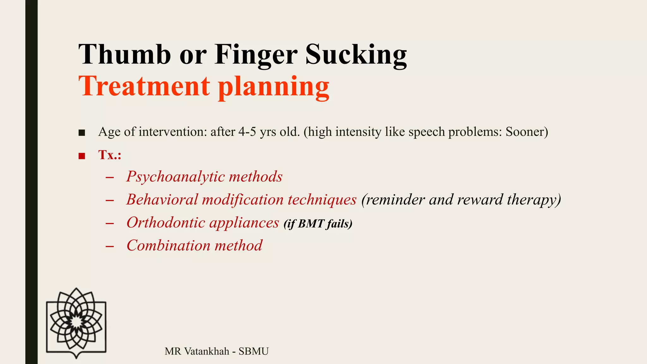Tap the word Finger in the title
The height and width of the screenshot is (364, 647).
click(x=256, y=54)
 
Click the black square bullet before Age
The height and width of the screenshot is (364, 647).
click(x=82, y=133)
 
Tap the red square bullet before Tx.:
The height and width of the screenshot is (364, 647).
click(x=82, y=156)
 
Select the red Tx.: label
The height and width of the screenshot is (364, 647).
click(x=110, y=155)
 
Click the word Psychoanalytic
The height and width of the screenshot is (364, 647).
click(x=175, y=177)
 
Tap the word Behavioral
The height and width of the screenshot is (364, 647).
click(x=162, y=200)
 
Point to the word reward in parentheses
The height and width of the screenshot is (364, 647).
click(x=480, y=200)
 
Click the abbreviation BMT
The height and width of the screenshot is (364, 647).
click(x=311, y=224)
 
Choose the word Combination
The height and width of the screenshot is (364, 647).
click(x=168, y=246)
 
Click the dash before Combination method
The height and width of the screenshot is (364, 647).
click(x=110, y=246)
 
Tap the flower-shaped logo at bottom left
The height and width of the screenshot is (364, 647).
click(x=76, y=323)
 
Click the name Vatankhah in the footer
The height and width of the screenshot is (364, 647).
click(x=207, y=351)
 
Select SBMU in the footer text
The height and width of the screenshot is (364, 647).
click(x=253, y=351)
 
